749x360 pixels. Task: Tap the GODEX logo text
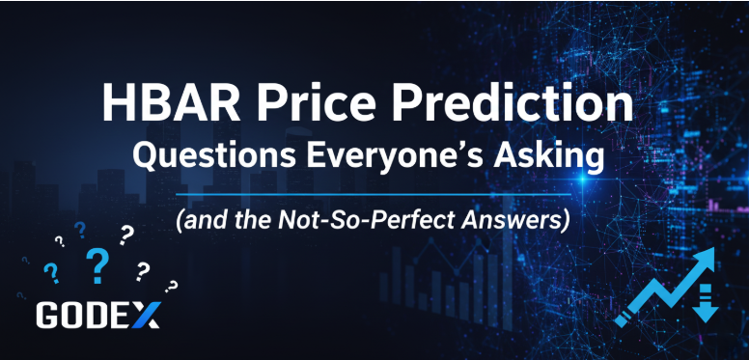97,315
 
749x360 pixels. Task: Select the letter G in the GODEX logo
49,315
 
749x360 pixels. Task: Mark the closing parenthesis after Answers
568,219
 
